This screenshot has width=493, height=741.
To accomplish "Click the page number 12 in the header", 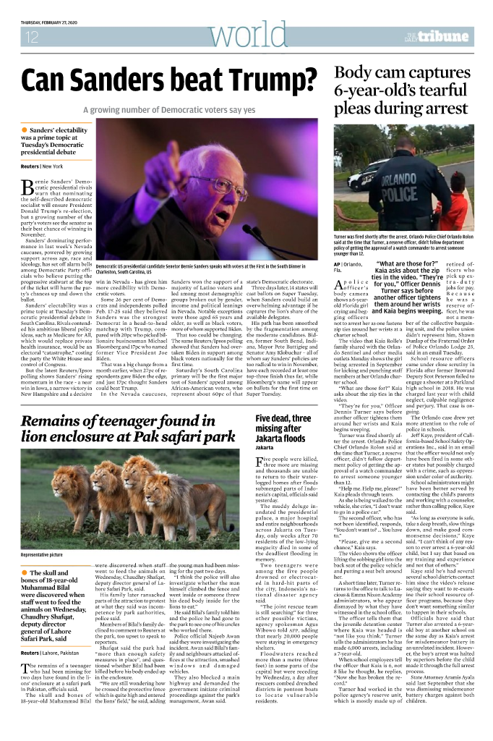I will [x=32, y=37].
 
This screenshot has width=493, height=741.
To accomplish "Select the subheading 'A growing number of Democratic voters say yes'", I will [x=169, y=110].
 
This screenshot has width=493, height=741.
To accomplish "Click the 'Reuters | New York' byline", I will [x=42, y=166].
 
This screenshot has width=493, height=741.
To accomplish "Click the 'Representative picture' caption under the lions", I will [x=47, y=554].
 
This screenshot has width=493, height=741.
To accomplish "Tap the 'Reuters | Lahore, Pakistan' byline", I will [x=53, y=632].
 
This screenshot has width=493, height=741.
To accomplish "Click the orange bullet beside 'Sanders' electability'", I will [x=25, y=129].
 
